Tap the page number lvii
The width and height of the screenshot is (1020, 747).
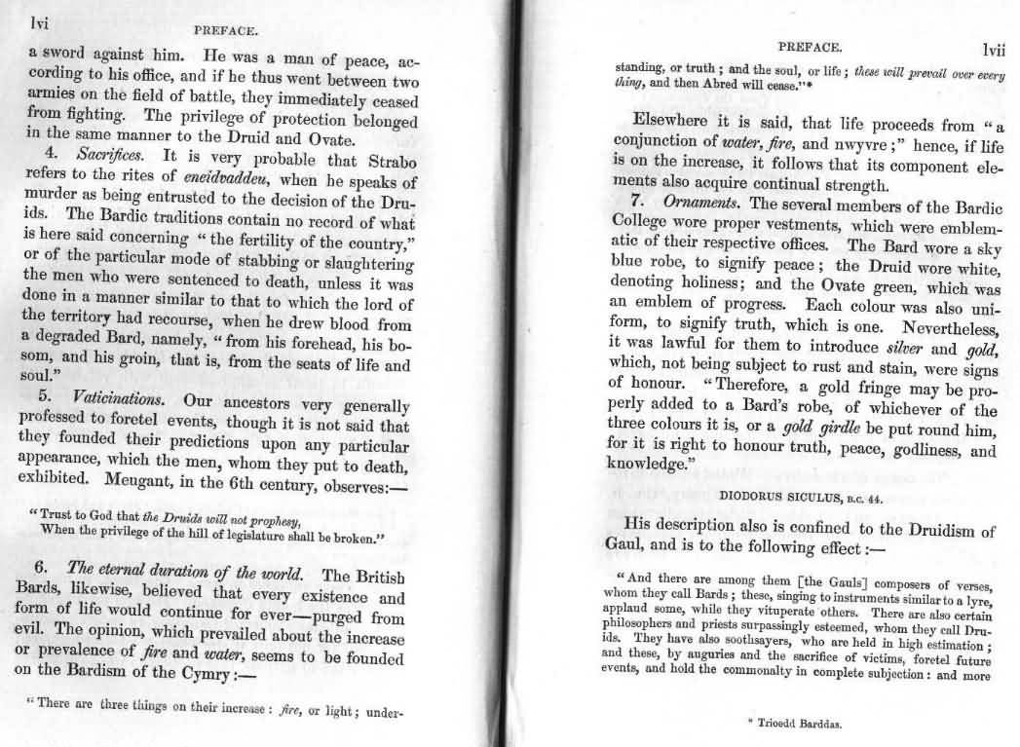[x=993, y=50]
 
